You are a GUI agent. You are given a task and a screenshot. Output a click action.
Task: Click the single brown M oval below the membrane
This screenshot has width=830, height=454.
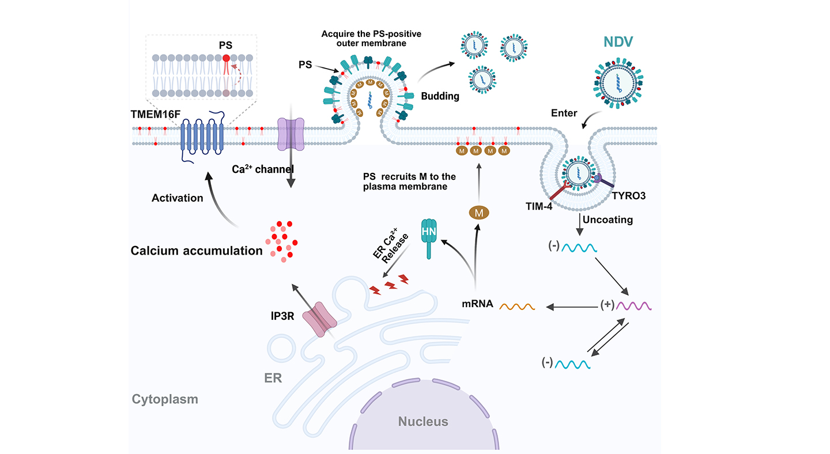coord(478,214)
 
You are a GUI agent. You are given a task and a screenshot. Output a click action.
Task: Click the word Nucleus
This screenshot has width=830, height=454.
coord(422,421)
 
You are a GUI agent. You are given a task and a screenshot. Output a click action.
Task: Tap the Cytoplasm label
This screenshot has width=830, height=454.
coord(165,399)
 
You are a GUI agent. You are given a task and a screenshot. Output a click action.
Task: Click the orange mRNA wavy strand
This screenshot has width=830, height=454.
coord(518,306)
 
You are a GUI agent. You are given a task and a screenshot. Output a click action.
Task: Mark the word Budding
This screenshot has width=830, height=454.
coord(440,96)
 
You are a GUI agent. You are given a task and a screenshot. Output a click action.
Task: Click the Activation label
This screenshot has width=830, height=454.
coord(178,198)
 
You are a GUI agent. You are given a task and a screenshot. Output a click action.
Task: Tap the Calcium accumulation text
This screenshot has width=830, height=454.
coord(197,251)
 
